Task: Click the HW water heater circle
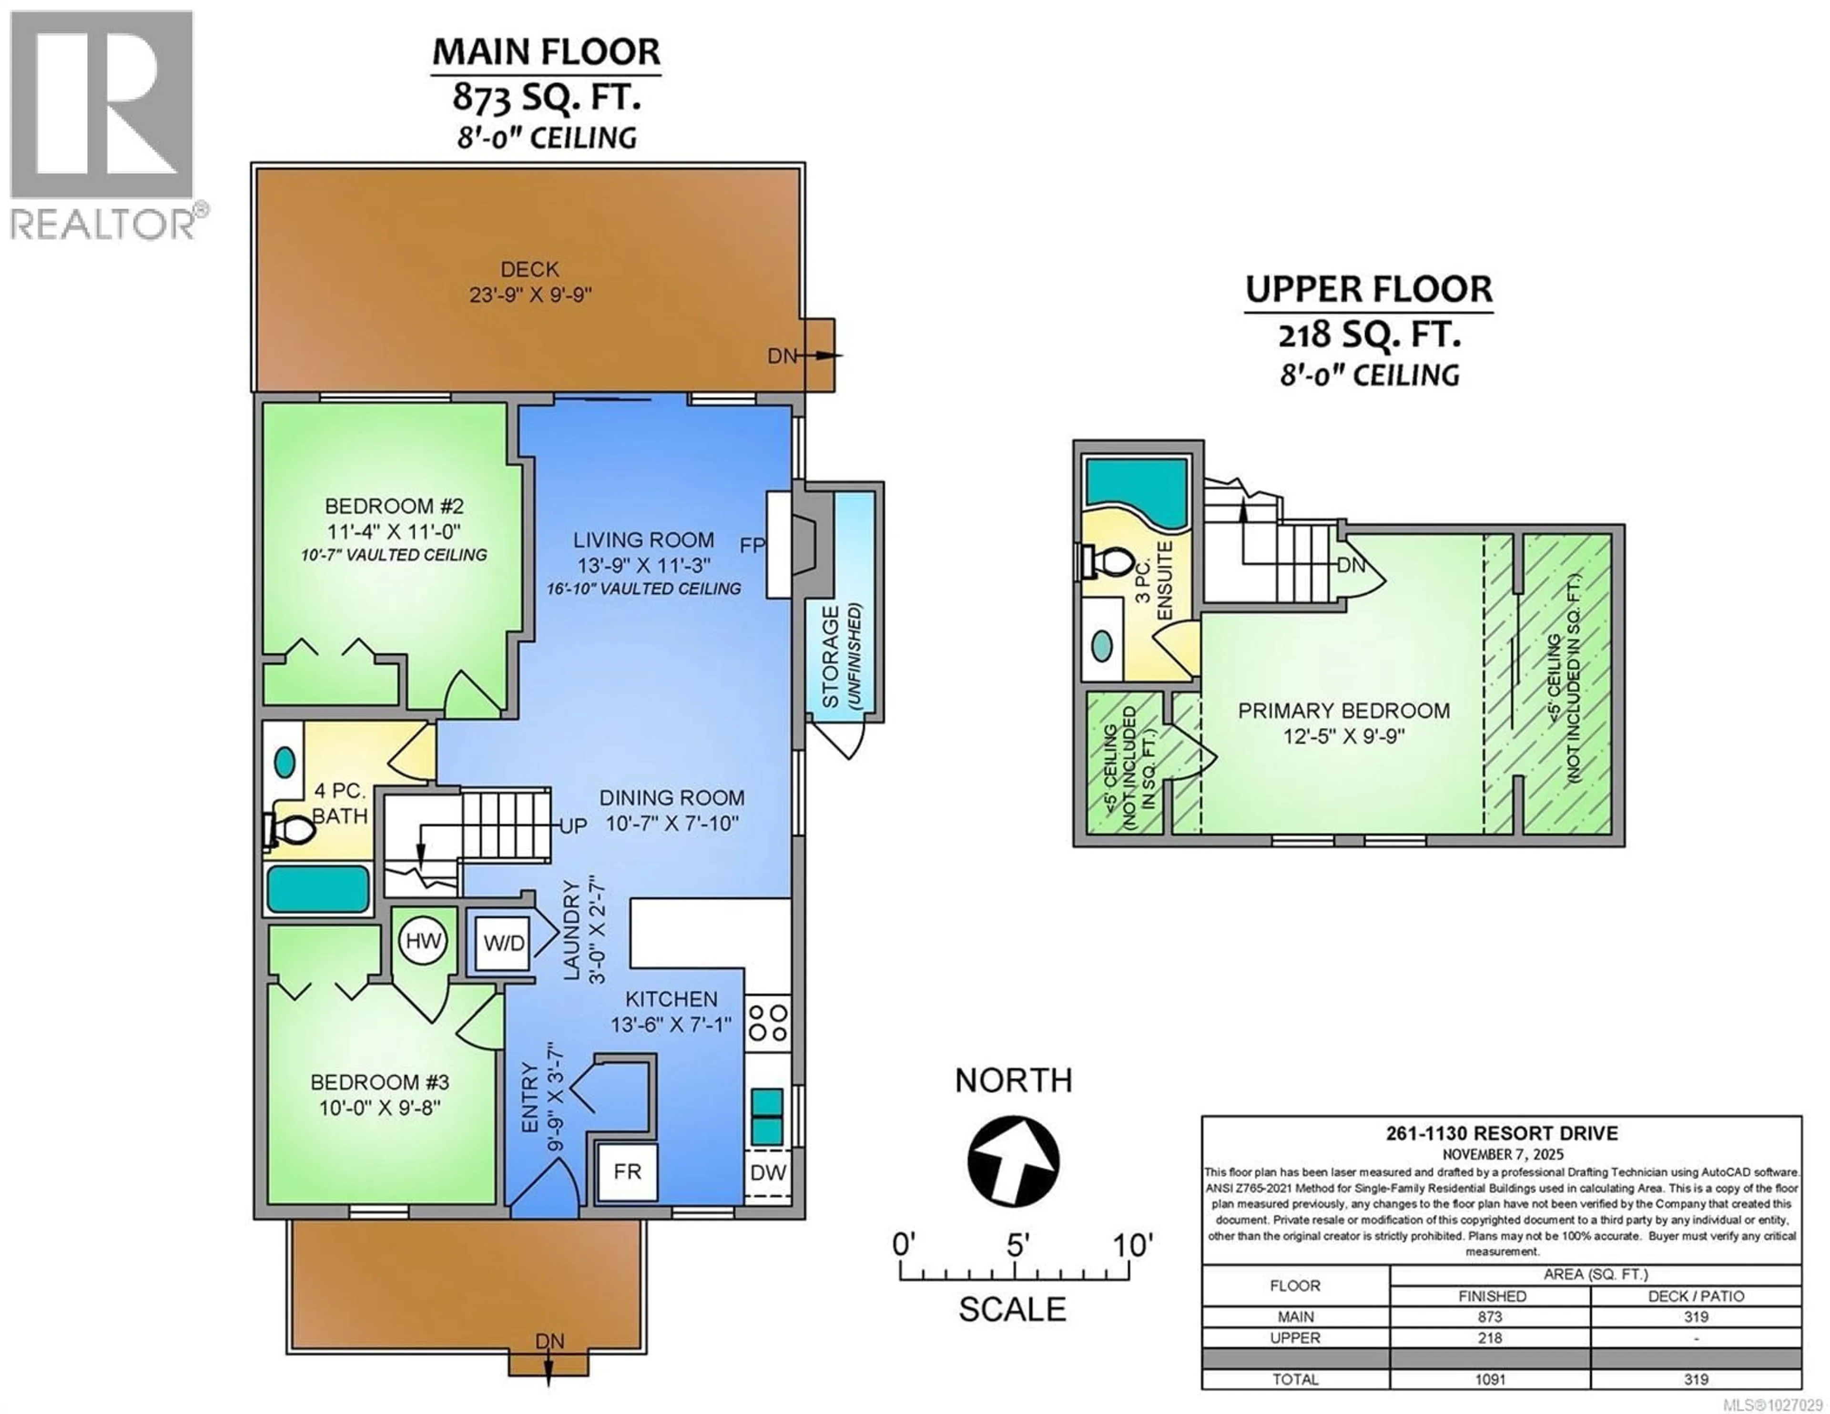(423, 940)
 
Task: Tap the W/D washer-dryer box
(504, 943)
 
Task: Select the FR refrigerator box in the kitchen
(627, 1171)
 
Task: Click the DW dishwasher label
(768, 1172)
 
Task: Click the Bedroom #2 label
(394, 506)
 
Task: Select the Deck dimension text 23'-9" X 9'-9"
(530, 295)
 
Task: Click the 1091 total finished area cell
(1490, 1379)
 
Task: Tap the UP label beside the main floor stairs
(573, 826)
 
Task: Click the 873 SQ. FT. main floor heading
(546, 98)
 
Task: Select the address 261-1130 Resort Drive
(1502, 1133)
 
